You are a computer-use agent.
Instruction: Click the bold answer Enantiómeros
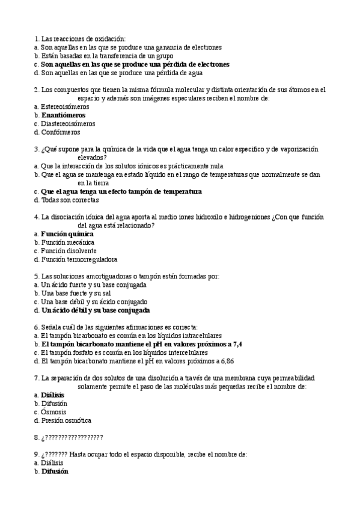click(x=63, y=115)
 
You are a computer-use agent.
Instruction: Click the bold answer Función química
click(x=67, y=233)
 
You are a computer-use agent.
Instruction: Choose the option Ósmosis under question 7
click(x=54, y=412)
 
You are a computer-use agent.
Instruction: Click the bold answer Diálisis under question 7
click(x=53, y=395)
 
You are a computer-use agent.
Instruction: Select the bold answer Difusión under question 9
click(x=55, y=472)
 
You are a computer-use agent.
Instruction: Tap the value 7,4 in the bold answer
click(x=237, y=344)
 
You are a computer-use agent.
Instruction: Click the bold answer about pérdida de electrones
click(x=135, y=64)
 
